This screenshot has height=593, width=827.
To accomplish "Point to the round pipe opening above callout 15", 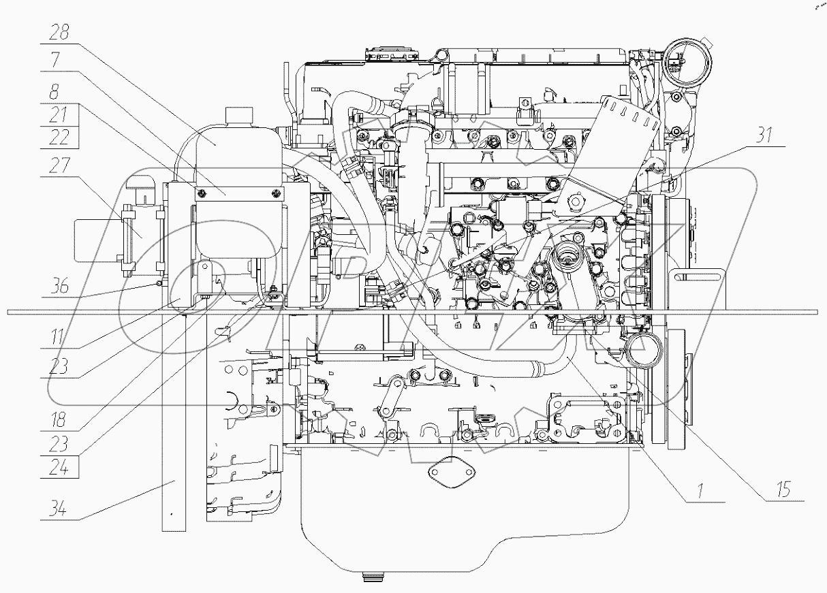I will click(639, 351).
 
